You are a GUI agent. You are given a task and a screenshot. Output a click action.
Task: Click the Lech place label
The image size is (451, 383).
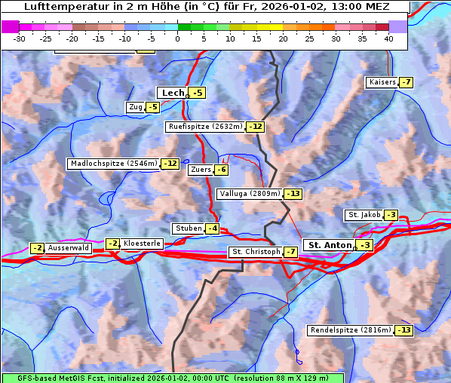[x=173, y=93]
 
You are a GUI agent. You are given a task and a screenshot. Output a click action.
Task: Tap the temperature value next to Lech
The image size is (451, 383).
[x=197, y=93]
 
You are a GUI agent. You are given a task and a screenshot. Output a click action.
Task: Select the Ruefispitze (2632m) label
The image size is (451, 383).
[x=205, y=127]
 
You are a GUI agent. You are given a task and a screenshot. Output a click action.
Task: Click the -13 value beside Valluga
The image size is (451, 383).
[x=293, y=194]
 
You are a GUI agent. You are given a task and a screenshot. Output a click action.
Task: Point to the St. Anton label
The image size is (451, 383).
[x=330, y=245]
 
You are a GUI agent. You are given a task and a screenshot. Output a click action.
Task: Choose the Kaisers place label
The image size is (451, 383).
[x=382, y=82]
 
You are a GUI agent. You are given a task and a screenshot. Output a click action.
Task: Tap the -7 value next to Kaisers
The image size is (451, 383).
[x=407, y=82]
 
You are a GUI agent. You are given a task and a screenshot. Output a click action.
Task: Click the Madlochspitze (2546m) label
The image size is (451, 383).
[x=114, y=164]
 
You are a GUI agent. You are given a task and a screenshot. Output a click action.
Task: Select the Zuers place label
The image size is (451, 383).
[x=200, y=170]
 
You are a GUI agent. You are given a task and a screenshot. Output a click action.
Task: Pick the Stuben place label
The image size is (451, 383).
[x=188, y=228]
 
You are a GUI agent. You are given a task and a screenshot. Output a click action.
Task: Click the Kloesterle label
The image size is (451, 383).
[x=142, y=244]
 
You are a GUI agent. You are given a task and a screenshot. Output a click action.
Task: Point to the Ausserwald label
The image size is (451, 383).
[x=69, y=248]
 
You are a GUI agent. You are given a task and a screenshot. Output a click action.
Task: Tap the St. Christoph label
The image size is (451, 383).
[x=255, y=252]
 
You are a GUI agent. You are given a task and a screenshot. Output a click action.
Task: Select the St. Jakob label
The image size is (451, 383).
[x=364, y=215]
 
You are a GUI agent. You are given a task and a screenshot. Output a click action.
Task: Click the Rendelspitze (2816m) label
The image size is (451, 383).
[x=351, y=330]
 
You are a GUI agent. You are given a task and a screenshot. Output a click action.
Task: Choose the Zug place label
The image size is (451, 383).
[x=136, y=107]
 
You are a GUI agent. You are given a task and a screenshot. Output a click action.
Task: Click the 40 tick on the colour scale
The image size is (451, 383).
[x=388, y=38]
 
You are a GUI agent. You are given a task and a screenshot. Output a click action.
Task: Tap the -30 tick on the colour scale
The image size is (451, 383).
[x=20, y=38]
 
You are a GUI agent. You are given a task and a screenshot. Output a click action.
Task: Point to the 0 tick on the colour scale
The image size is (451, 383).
[x=178, y=38]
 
